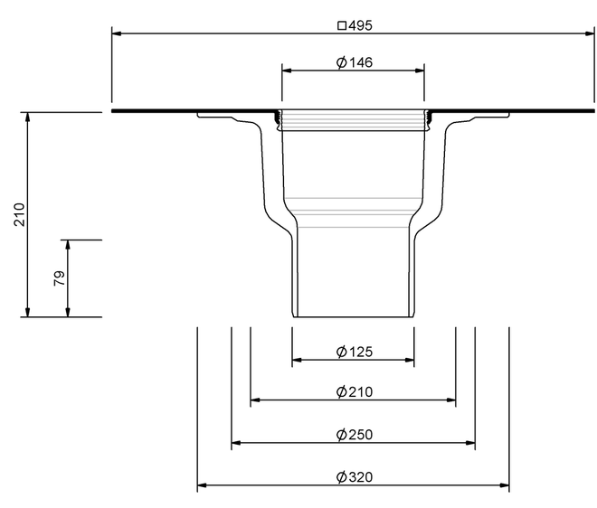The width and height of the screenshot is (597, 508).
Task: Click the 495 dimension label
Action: coord(360,25)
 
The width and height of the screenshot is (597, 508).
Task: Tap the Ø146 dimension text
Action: coord(355,62)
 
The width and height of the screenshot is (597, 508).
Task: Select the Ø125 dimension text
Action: coord(355,352)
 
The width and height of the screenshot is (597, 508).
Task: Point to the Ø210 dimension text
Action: coord(355,391)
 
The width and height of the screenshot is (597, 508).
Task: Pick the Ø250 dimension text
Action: coord(355,434)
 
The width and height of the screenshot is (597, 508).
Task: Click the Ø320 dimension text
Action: coord(355,476)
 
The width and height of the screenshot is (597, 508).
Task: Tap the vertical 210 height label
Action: coord(19,214)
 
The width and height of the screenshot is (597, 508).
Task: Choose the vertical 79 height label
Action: coord(60,278)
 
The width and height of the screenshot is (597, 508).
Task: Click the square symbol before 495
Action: coord(342,25)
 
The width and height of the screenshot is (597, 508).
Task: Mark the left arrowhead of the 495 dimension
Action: coord(117,33)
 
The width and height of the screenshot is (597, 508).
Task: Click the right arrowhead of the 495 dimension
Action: coord(590,33)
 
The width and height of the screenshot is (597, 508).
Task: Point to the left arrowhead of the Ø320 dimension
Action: coord(202,485)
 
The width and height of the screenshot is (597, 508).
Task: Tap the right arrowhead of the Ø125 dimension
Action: coord(410,360)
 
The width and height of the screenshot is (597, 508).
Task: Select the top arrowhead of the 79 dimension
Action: coord(68,245)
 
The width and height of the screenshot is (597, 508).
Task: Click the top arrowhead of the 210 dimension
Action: coord(27,118)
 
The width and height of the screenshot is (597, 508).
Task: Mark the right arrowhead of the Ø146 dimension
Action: coord(420,71)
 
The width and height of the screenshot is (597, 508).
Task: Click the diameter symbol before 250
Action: coord(342,434)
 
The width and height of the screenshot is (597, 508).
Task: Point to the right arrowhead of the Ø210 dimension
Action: coord(451,400)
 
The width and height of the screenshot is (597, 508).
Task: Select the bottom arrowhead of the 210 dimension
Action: coord(27,312)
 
